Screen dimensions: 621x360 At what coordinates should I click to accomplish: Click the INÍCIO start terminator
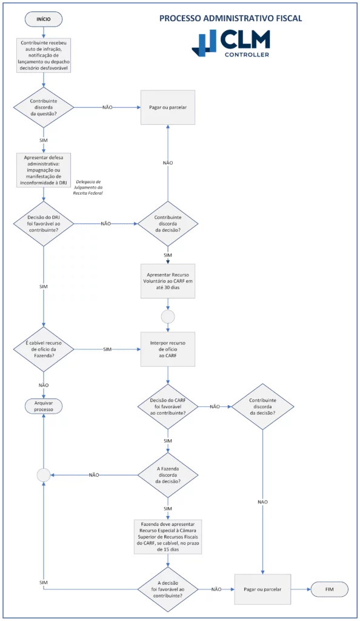click(x=44, y=19)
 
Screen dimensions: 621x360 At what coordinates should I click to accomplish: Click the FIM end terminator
click(x=329, y=589)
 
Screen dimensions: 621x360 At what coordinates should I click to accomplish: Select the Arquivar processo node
click(x=44, y=406)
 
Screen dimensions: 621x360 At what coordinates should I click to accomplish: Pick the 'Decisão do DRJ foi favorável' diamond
click(x=44, y=223)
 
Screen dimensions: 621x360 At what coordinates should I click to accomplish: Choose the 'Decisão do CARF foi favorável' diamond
click(x=168, y=406)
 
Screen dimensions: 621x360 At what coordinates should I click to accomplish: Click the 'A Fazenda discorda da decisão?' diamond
click(x=168, y=475)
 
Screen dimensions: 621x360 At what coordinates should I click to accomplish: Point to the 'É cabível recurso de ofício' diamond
click(x=44, y=349)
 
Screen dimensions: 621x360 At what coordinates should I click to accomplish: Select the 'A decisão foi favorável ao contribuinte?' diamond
click(x=168, y=589)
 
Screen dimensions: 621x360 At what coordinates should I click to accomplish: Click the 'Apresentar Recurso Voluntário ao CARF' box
click(x=168, y=281)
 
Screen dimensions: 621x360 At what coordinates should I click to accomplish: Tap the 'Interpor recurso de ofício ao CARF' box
click(x=168, y=349)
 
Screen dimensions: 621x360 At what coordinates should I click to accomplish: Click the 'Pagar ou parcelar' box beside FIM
click(x=262, y=589)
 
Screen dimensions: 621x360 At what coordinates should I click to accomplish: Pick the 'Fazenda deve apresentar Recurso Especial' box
click(x=168, y=535)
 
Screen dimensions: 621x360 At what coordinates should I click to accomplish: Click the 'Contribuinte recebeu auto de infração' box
click(x=44, y=56)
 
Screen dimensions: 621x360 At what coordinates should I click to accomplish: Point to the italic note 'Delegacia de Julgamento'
click(x=90, y=187)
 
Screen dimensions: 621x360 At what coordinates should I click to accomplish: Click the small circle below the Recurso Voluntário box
click(x=168, y=316)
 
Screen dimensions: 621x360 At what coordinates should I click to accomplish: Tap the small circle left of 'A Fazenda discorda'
click(x=44, y=475)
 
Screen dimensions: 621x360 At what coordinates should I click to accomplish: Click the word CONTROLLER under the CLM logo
click(x=247, y=55)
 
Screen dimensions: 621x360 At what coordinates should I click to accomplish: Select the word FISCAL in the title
click(x=287, y=18)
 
